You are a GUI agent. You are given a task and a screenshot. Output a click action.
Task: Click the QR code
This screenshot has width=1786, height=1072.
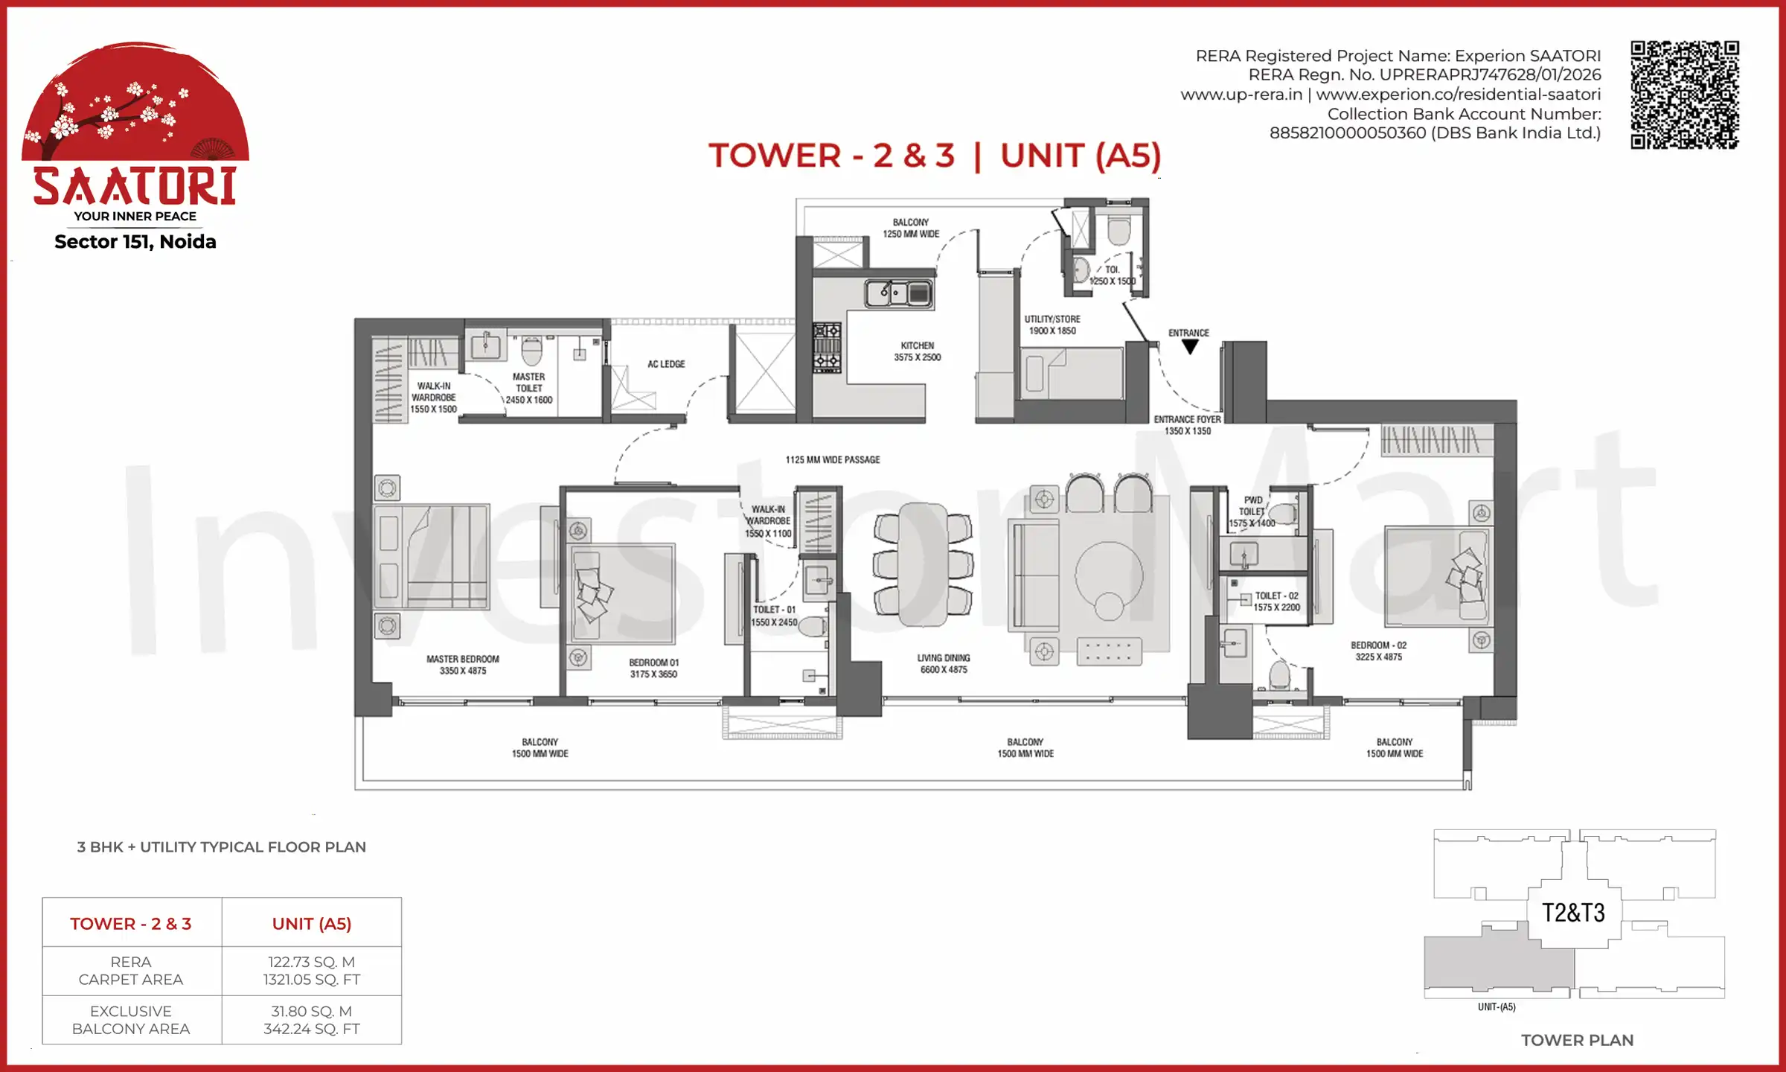[1684, 95]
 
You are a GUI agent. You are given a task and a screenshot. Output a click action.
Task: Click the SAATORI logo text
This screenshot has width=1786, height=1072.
[135, 186]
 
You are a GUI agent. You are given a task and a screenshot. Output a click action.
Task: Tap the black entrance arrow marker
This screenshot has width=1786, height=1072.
[1190, 347]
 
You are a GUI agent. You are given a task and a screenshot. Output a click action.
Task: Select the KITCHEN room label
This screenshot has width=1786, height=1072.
[917, 351]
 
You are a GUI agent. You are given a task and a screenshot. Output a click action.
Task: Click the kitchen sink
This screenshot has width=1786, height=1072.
[898, 293]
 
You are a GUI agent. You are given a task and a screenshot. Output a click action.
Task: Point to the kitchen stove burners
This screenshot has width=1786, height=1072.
[827, 346]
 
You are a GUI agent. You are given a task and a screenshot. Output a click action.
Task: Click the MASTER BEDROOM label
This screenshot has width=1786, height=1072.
[462, 665]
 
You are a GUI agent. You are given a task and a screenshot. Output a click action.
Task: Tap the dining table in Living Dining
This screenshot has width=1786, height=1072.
[923, 564]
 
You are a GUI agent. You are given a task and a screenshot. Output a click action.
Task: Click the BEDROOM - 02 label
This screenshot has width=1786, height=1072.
[1378, 651]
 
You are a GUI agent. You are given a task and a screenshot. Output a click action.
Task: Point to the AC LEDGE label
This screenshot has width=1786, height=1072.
[666, 364]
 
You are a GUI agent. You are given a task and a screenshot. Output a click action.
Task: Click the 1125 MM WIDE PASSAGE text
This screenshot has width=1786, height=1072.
[833, 460]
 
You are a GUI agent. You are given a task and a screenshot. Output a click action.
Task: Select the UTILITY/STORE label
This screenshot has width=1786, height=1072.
[1052, 325]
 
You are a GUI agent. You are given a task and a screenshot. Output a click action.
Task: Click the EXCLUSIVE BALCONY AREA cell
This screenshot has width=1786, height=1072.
[131, 1020]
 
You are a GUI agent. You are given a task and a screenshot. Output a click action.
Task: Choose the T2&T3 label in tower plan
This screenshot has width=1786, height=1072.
[1573, 913]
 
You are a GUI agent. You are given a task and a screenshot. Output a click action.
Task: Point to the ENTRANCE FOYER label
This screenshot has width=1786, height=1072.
[1187, 425]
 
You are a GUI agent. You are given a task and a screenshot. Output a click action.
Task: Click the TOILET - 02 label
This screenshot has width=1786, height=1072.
[1276, 602]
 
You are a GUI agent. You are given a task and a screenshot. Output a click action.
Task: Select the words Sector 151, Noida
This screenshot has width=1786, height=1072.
[135, 242]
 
